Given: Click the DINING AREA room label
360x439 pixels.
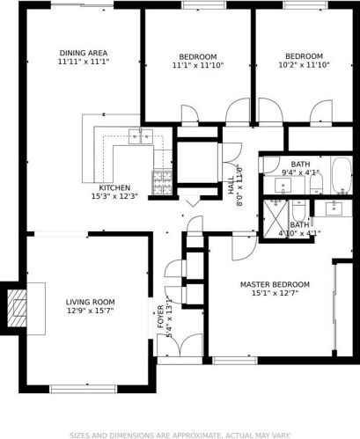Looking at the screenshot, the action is (x=84, y=53).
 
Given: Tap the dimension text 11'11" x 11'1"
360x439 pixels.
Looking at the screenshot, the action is (x=84, y=62).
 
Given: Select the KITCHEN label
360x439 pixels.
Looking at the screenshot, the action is (x=114, y=187).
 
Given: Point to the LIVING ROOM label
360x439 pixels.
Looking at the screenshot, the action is (x=91, y=302).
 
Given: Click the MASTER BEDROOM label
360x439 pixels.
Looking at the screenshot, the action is (x=275, y=284).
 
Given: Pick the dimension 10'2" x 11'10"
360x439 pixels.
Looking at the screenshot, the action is (x=305, y=65).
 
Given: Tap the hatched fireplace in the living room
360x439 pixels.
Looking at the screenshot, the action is (x=17, y=308).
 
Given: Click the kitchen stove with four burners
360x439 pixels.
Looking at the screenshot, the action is (x=162, y=183).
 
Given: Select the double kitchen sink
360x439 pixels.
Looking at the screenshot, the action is (x=141, y=136).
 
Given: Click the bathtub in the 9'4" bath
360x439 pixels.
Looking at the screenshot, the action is (x=342, y=176).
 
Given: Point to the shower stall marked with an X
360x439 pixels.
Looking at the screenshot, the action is (x=276, y=219).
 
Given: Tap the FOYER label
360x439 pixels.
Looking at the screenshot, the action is (x=161, y=317).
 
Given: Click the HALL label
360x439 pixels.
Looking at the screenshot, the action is (x=231, y=185).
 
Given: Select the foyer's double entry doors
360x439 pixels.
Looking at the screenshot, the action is (x=180, y=345).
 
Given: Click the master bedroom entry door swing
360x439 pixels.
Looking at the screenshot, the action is (x=244, y=248).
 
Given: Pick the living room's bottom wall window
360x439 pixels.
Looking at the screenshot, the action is (x=84, y=389).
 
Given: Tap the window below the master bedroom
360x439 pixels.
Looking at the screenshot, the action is (x=235, y=361).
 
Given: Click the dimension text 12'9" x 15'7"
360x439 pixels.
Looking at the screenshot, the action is (x=91, y=311).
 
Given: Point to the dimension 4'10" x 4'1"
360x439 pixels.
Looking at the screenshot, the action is (x=299, y=234).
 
